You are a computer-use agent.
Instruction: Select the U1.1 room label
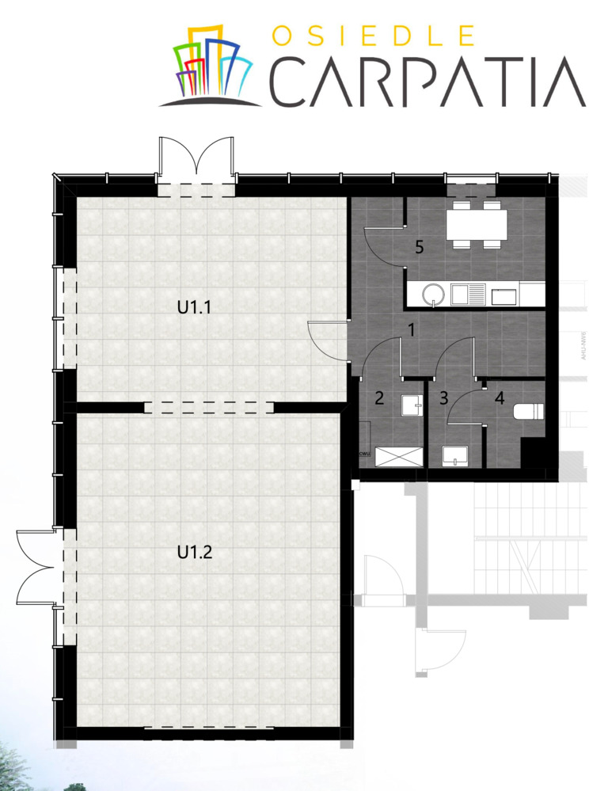tap(194, 307)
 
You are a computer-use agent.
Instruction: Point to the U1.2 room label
tap(194, 552)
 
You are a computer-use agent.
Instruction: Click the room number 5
tap(420, 247)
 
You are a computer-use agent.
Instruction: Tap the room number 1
tap(412, 327)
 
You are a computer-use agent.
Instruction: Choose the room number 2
tap(379, 397)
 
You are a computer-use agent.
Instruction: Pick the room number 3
tap(443, 397)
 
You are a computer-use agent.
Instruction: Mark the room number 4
tap(499, 397)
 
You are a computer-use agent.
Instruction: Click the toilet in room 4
tap(527, 412)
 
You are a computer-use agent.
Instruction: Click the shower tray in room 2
tap(399, 458)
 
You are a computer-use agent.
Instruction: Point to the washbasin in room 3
tap(455, 454)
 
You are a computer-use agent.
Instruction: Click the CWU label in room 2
tap(366, 454)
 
